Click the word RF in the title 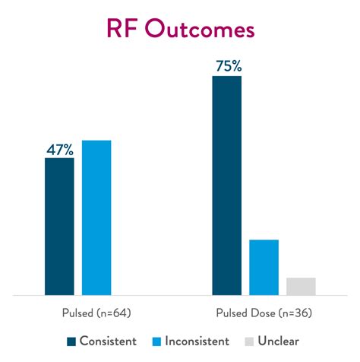(x=121, y=30)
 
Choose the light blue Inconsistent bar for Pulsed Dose (x=264, y=267)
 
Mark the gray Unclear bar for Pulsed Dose (x=301, y=286)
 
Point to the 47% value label (x=59, y=148)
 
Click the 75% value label (x=226, y=66)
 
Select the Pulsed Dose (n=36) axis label (x=264, y=313)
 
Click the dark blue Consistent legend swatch (x=71, y=341)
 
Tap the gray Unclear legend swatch (x=250, y=341)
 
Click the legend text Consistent (x=107, y=341)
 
